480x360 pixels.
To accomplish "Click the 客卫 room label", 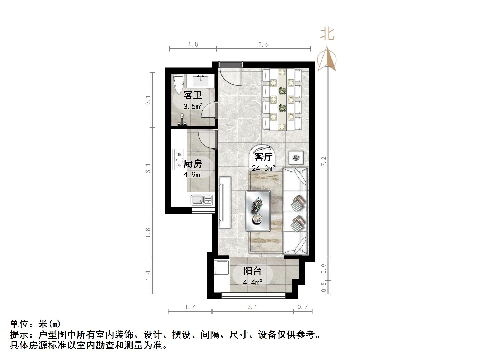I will tap(193, 95).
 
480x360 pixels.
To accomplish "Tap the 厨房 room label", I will tap(193, 164).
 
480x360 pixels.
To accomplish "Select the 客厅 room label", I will tap(263, 157).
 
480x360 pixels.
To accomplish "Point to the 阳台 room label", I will tap(252, 271).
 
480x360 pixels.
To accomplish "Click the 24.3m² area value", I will tap(264, 168).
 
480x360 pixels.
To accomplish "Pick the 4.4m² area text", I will tap(252, 282).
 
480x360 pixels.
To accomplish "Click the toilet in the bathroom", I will tap(178, 83).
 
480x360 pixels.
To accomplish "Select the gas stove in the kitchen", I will tap(178, 160).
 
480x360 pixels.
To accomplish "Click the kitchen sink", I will tap(202, 200).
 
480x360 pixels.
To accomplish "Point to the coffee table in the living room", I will tap(258, 211).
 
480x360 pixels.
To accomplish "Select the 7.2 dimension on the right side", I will tap(324, 161).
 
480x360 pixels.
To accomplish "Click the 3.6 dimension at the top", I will tap(264, 44).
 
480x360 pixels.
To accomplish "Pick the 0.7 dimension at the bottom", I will tap(302, 307).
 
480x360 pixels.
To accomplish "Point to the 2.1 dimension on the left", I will tap(148, 100).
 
